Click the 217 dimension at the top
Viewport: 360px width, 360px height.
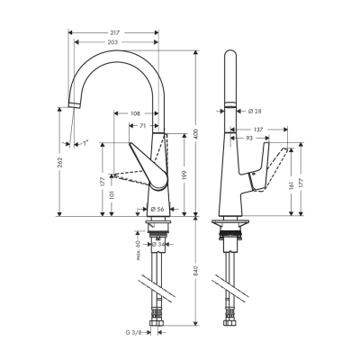(x=115, y=32)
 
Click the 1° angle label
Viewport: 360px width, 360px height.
(x=85, y=142)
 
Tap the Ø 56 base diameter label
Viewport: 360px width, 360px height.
(x=157, y=208)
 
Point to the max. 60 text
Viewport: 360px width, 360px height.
(x=139, y=245)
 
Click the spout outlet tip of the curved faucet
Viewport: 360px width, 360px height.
(x=70, y=107)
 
